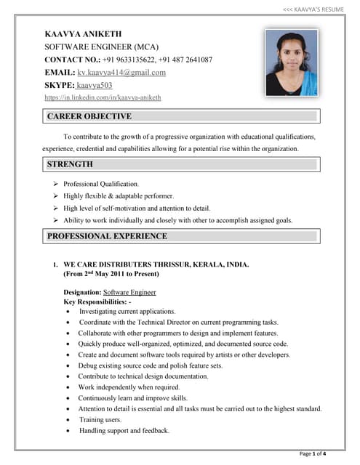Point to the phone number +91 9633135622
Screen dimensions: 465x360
(x=128, y=60)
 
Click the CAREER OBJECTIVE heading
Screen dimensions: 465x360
(x=89, y=116)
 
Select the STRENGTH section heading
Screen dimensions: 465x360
(x=70, y=164)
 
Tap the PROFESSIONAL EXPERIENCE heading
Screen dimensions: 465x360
(x=107, y=236)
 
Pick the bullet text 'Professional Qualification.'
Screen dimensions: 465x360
(x=101, y=184)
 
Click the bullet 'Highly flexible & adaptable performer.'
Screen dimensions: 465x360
(x=119, y=196)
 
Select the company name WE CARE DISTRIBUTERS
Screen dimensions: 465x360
(x=116, y=265)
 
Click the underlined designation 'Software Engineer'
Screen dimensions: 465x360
(x=129, y=291)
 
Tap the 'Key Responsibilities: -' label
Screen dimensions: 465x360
(x=97, y=301)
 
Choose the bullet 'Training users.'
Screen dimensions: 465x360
(x=100, y=420)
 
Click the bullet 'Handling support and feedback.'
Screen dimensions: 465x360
(x=124, y=430)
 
